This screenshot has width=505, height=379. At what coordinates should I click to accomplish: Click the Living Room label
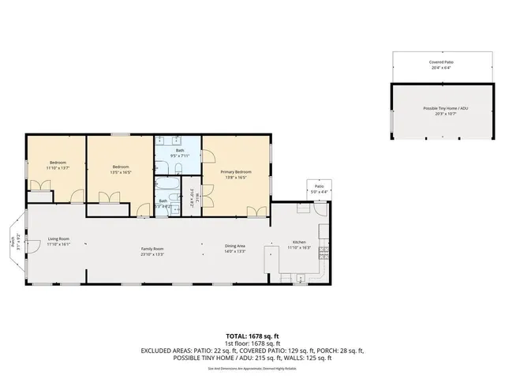coord(58,238)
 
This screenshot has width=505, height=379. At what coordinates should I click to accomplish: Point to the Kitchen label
coord(300,242)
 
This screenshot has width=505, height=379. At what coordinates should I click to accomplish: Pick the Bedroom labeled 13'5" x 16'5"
coord(120,167)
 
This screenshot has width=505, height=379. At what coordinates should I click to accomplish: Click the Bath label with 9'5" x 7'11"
coord(180,150)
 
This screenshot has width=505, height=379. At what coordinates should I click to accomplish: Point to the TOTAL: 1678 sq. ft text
coord(252,334)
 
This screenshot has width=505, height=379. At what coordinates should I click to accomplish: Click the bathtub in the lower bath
coord(166,188)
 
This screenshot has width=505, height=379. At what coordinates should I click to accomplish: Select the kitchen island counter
coord(272,263)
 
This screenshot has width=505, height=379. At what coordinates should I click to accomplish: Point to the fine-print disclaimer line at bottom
coord(252,368)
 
